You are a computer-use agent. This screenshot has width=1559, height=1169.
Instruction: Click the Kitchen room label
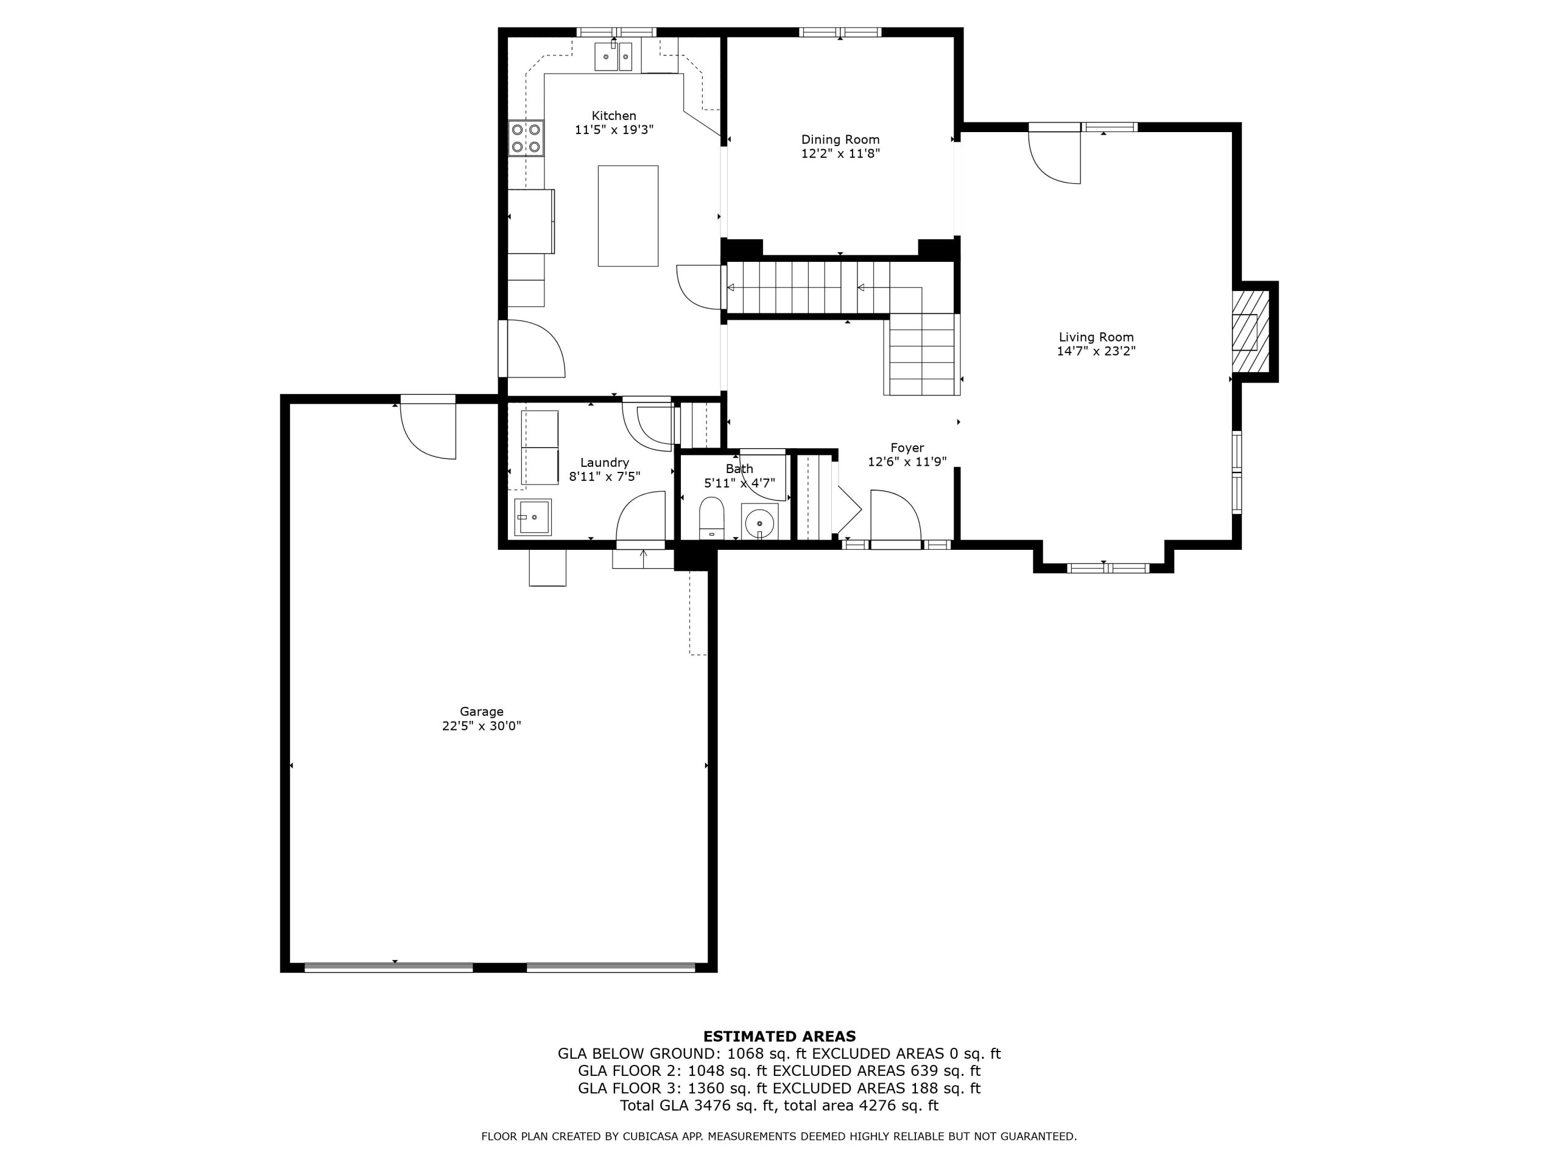(613, 116)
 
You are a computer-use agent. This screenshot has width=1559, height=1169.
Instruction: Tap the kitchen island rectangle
(628, 216)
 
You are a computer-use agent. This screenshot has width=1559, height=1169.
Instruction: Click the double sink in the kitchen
(614, 57)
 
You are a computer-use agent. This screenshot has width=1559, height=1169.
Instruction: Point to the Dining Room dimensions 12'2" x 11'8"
(840, 153)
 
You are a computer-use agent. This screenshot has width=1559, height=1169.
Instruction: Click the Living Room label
(1096, 337)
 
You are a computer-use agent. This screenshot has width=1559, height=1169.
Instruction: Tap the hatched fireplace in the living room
(1250, 331)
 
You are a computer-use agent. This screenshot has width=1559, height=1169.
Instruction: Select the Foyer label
(907, 448)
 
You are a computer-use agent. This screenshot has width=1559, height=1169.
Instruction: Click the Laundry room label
(604, 462)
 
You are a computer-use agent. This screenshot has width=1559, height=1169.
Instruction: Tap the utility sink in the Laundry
(533, 517)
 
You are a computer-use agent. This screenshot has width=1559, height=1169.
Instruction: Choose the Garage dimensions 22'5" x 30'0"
(481, 726)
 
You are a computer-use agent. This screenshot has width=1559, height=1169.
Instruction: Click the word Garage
(481, 712)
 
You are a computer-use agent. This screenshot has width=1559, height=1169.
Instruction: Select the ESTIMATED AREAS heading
(779, 1036)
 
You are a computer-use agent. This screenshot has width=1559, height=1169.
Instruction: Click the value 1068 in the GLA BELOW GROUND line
(745, 1053)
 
